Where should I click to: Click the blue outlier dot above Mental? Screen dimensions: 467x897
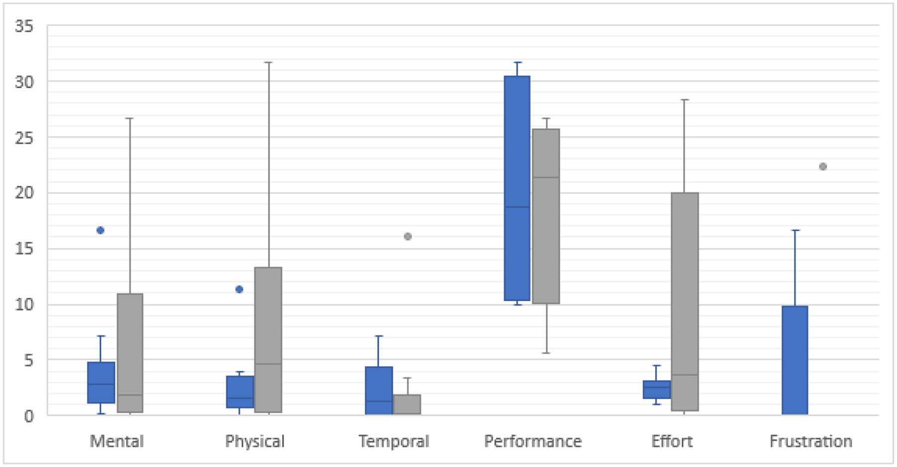[x=100, y=231]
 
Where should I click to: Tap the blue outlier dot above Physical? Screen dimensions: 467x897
[x=239, y=289]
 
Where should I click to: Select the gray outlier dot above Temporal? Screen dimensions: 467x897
[x=408, y=236]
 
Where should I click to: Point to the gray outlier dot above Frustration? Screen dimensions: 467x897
[x=823, y=167]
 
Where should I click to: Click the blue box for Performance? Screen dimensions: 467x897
[x=517, y=188]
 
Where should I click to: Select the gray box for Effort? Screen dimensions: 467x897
[x=685, y=301]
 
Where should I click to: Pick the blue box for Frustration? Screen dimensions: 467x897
[x=794, y=360]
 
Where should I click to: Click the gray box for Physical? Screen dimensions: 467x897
[x=268, y=340]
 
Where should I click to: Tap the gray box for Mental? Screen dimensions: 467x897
[x=130, y=352]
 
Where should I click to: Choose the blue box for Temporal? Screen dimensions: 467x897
[x=379, y=390]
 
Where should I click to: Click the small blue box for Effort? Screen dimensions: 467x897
[x=656, y=389]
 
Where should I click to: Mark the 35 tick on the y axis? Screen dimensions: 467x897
[x=24, y=26]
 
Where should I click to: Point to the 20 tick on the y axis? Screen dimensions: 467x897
[x=24, y=193]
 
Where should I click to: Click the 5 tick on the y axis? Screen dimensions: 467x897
[x=28, y=360]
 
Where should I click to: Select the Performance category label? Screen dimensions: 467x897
[x=533, y=441]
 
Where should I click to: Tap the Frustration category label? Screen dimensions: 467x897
[x=811, y=441]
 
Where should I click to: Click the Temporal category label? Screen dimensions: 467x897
[x=394, y=441]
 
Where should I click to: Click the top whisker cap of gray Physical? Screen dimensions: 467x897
[x=268, y=63]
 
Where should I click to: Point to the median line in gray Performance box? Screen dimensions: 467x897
[x=546, y=177]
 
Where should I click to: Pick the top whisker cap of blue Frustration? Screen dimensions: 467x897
[x=795, y=231]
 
